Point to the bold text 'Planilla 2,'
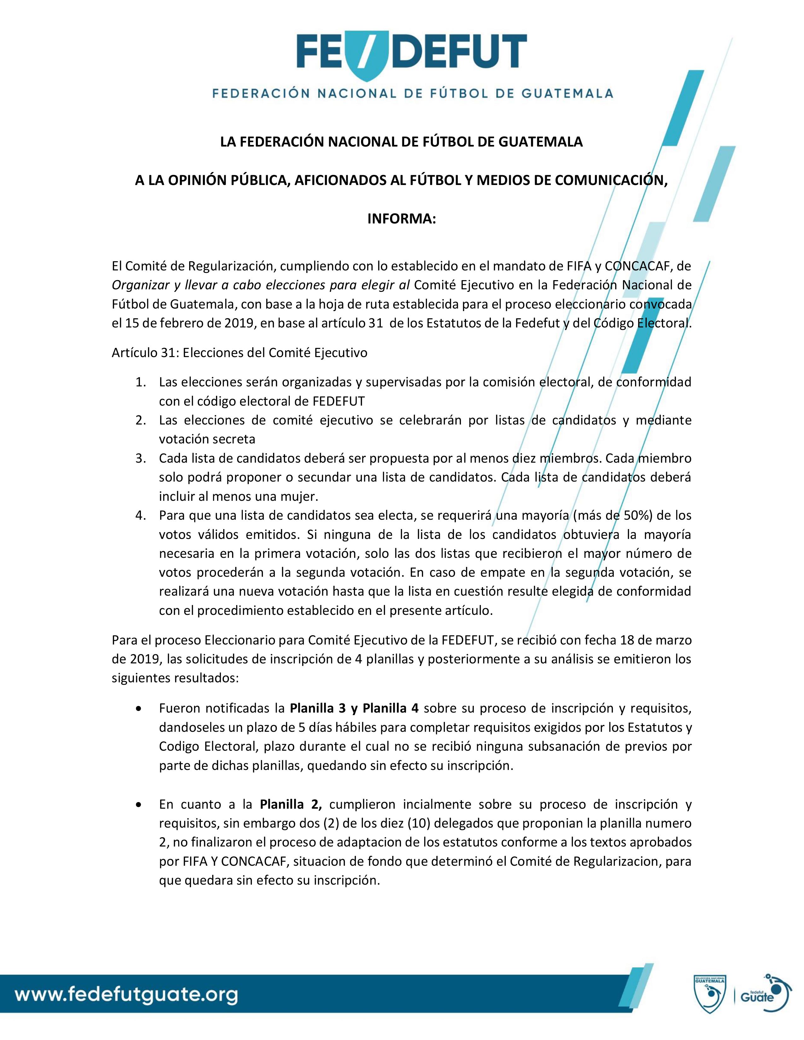(291, 804)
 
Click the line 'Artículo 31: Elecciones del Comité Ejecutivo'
(240, 353)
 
